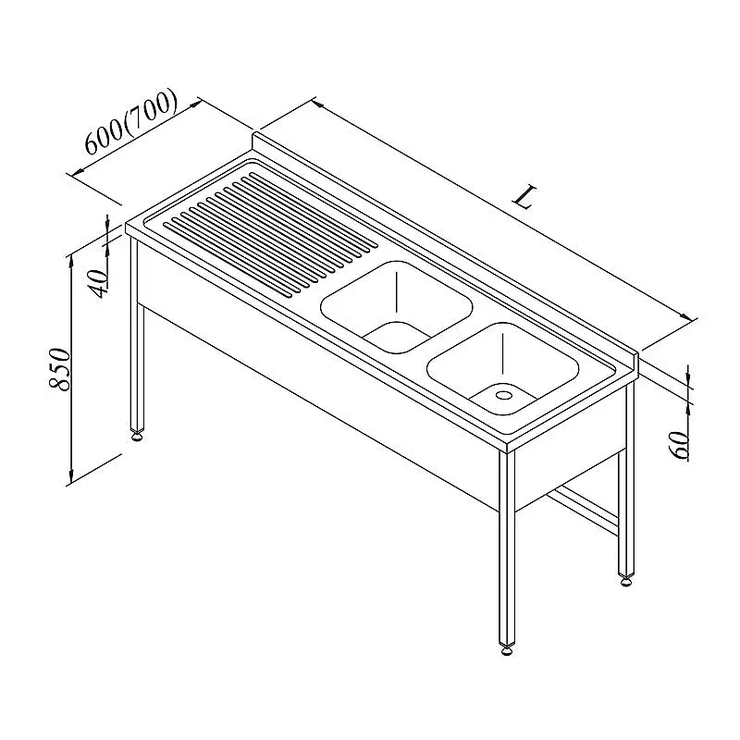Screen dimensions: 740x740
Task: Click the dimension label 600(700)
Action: (x=130, y=122)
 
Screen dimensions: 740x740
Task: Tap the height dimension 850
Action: (x=60, y=369)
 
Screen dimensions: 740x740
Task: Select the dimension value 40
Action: (x=100, y=283)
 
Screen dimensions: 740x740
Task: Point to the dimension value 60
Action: (x=681, y=445)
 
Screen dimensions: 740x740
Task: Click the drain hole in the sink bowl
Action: (x=503, y=394)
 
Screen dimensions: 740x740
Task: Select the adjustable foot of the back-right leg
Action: (x=626, y=580)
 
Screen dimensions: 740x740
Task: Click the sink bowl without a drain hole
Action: (x=397, y=307)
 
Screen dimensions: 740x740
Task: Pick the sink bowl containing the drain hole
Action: (x=502, y=368)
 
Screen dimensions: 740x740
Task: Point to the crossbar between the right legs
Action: (x=586, y=512)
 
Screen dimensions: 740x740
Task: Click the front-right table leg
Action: (x=507, y=548)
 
